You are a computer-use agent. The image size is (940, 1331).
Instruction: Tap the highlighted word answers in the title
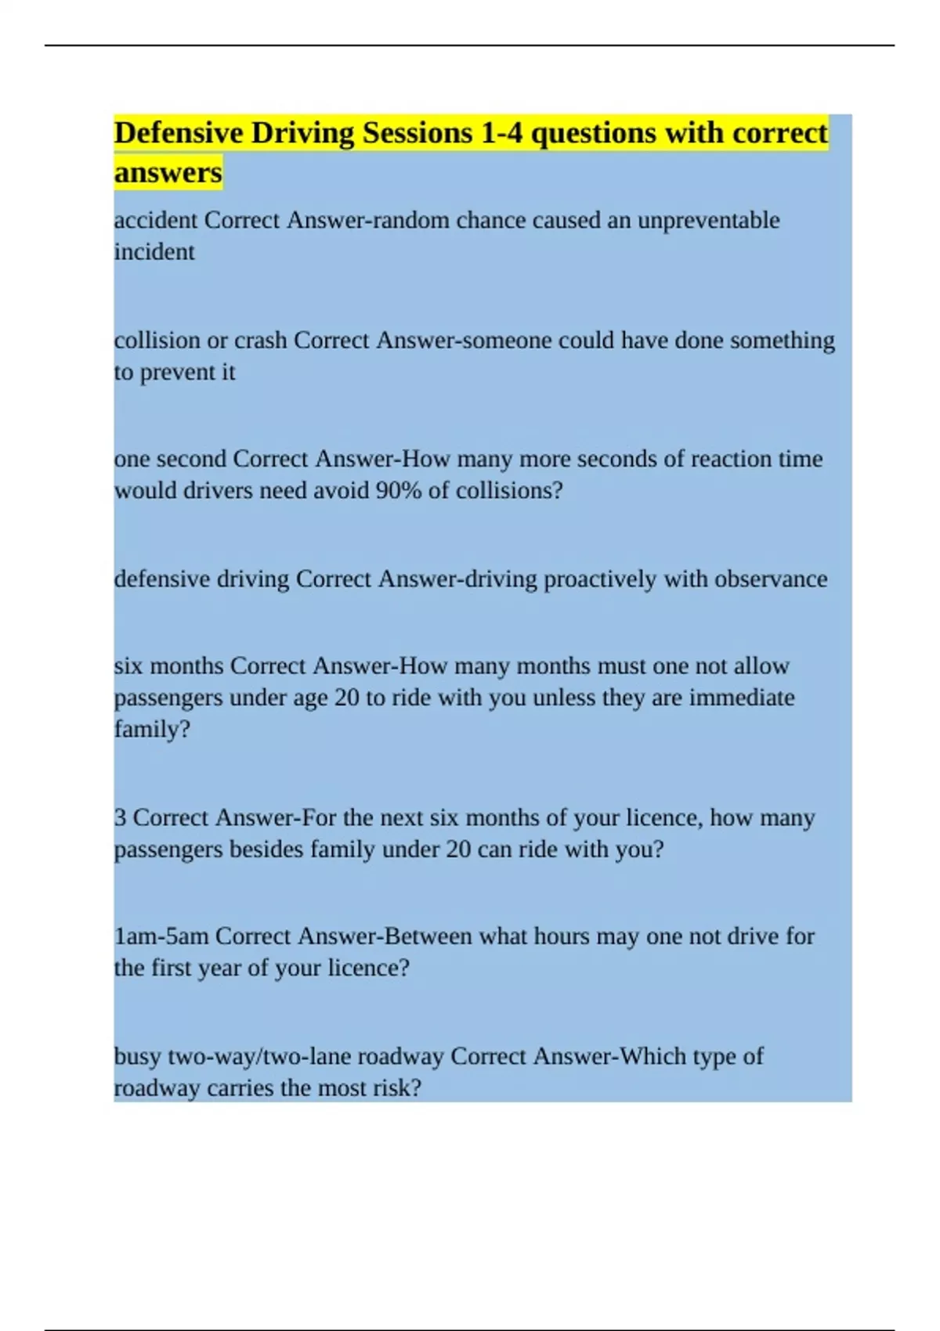pyautogui.click(x=168, y=172)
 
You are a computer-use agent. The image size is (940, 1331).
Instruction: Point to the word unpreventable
pyautogui.click(x=708, y=220)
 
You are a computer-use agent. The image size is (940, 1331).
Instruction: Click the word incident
pyautogui.click(x=154, y=252)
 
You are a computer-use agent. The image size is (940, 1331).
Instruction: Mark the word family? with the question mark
pyautogui.click(x=152, y=730)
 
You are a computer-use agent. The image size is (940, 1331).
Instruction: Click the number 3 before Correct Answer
pyautogui.click(x=120, y=818)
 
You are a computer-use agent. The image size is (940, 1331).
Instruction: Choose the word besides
pyautogui.click(x=266, y=849)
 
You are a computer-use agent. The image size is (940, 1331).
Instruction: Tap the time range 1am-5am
pyautogui.click(x=161, y=936)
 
